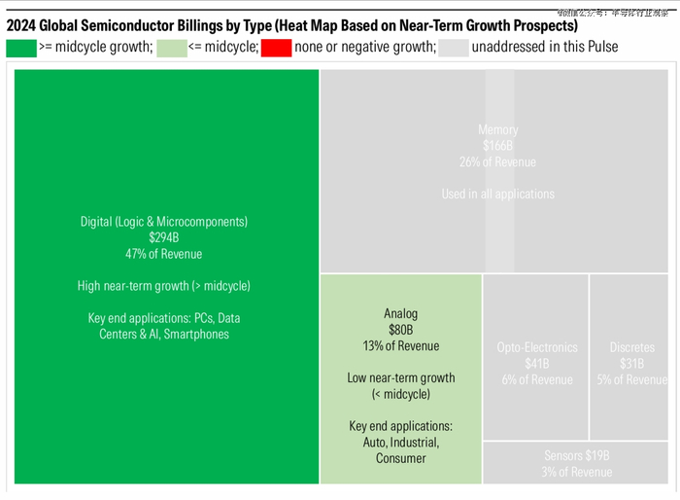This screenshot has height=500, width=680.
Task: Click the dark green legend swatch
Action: tap(21, 47)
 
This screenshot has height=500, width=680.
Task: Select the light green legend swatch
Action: tap(172, 47)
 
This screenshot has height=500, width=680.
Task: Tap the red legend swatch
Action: tap(276, 47)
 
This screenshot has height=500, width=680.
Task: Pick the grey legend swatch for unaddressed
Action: tap(453, 47)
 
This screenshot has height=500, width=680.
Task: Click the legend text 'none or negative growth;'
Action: tap(365, 47)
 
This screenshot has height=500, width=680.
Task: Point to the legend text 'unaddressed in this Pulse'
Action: tap(544, 47)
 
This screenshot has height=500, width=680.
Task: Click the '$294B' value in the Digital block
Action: tap(164, 237)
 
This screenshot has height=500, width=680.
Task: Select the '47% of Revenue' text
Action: tap(164, 254)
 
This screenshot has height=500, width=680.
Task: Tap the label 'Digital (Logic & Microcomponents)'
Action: tap(164, 222)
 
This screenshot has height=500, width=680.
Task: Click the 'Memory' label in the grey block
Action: tap(498, 130)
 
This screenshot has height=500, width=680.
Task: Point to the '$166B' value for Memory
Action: tap(498, 146)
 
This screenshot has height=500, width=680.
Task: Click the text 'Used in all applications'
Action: tap(498, 194)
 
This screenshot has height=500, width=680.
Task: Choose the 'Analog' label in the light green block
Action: tap(400, 314)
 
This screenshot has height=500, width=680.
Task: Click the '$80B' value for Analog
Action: tap(400, 330)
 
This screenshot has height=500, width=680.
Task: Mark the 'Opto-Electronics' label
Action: tap(536, 347)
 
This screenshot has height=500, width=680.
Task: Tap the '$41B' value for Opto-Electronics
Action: tap(536, 364)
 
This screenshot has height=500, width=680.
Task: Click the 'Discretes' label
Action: tap(631, 347)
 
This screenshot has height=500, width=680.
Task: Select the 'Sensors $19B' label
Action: tap(577, 455)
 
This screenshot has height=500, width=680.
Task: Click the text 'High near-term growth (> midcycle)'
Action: tap(164, 286)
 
